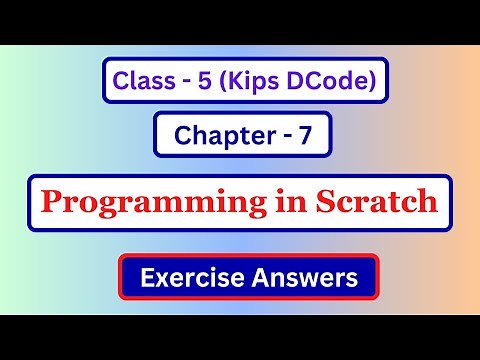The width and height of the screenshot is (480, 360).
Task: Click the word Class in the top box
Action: (x=143, y=80)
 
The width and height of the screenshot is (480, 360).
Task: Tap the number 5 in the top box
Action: (x=204, y=80)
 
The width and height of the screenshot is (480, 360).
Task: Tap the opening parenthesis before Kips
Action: (x=222, y=81)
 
